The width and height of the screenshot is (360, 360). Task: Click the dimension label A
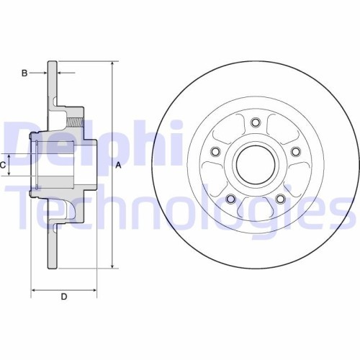coord(119,166)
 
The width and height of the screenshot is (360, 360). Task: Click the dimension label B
coord(24,73)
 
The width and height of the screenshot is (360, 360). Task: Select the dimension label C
coord(4,166)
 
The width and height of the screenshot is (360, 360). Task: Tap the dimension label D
coord(63,297)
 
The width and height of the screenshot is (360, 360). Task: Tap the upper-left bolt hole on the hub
coord(215,150)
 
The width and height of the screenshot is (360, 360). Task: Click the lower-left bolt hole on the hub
coord(230,198)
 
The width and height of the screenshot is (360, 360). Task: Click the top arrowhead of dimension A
coord(113,65)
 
